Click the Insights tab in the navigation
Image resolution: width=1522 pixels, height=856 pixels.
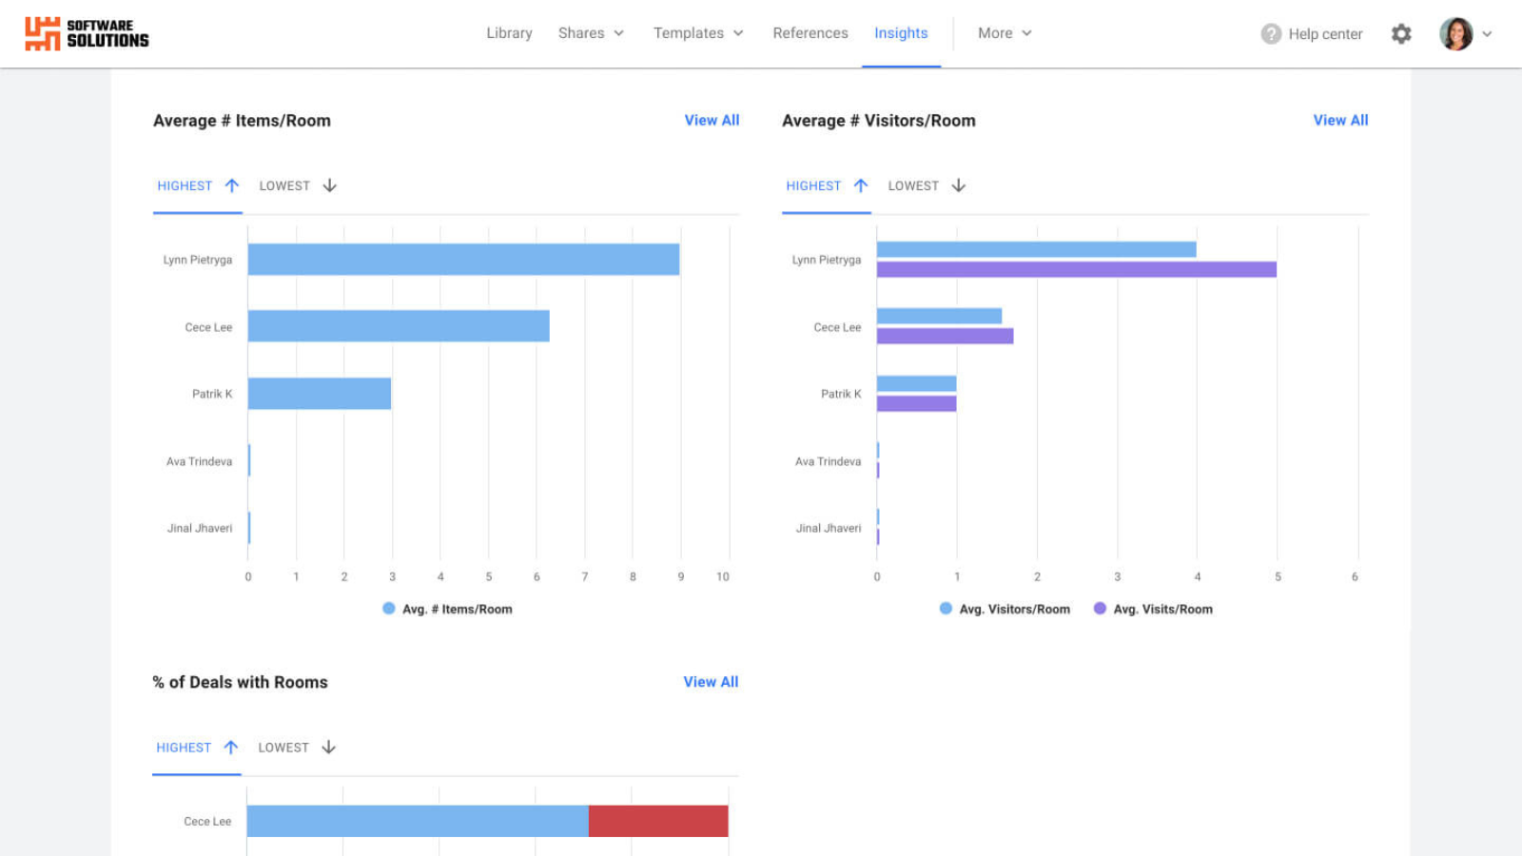(901, 33)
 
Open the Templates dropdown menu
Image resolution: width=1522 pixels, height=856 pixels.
(698, 33)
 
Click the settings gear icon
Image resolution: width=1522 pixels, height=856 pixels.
(1401, 34)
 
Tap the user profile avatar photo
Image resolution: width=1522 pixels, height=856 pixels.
(1455, 34)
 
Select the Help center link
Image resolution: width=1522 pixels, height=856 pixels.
(1313, 34)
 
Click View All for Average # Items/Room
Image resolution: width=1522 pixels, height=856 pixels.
(712, 121)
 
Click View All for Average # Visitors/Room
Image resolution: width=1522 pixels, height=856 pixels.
(1340, 121)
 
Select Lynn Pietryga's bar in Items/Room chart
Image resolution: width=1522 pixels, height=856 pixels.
(463, 260)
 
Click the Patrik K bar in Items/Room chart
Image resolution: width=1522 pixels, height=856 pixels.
(320, 394)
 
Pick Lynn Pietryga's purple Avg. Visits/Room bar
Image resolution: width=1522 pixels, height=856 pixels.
(1076, 270)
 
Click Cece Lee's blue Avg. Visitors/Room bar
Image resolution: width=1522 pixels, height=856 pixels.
(939, 316)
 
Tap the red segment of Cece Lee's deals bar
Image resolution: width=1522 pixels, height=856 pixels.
(658, 821)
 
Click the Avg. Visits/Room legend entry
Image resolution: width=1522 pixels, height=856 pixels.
(1153, 610)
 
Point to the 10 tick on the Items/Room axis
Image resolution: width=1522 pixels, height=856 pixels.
(723, 576)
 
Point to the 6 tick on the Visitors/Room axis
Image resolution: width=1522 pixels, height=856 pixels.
(1355, 576)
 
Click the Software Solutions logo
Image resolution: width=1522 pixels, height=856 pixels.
(87, 33)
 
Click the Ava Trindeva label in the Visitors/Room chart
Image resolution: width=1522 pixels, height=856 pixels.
(828, 461)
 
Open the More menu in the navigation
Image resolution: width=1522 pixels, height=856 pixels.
(1005, 33)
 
